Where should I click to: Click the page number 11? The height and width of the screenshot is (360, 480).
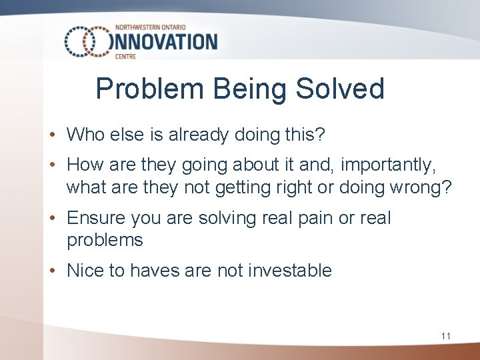coord(445,336)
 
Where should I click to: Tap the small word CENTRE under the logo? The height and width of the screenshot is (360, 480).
coord(126,57)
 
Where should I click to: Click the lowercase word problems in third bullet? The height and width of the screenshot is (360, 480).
coord(105,241)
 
